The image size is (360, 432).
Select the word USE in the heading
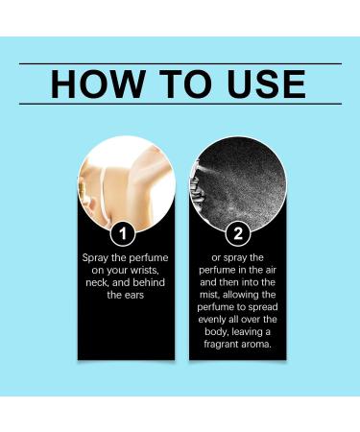tap(266, 84)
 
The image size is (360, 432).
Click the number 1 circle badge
tap(123, 234)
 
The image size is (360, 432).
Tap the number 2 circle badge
tap(238, 234)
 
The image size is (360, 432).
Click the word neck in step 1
tap(97, 283)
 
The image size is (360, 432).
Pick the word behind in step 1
tap(149, 282)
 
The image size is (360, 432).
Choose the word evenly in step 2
tap(211, 320)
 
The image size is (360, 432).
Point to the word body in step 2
tap(217, 332)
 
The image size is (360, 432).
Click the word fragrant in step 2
tap(218, 345)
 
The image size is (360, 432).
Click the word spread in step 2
tap(263, 307)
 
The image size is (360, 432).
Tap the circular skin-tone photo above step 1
tap(127, 183)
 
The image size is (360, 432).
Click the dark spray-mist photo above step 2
tap(238, 183)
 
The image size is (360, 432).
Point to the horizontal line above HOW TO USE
tap(180, 64)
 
